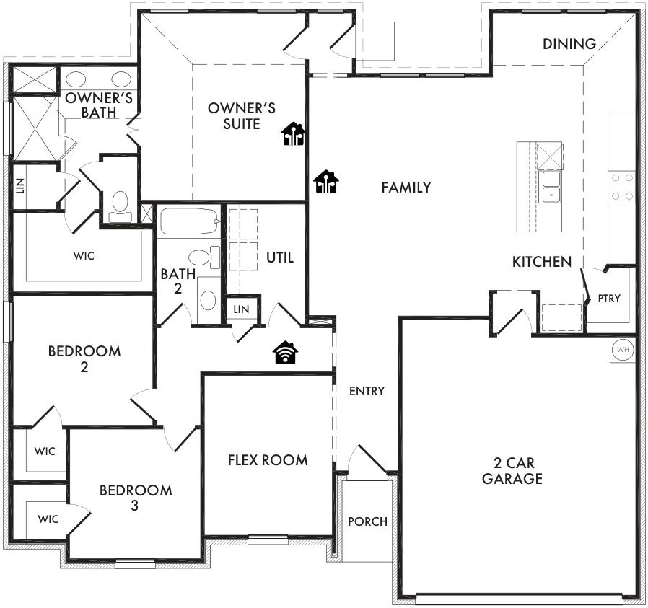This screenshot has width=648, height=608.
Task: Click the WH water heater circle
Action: coord(622,350)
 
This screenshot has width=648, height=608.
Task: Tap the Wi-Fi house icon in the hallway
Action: coord(285,353)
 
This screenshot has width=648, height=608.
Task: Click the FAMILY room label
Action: coord(406,188)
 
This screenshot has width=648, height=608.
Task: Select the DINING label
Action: coord(569,44)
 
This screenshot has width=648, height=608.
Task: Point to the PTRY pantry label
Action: coord(609,298)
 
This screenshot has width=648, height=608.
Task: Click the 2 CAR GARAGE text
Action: coord(512,470)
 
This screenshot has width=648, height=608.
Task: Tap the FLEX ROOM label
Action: coord(268,460)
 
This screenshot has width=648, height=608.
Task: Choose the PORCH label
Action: coord(367,521)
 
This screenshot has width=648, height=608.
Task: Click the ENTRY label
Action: coord(367,391)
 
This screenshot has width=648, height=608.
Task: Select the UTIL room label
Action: coord(280,257)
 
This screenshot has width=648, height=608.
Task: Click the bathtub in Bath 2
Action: coord(189,221)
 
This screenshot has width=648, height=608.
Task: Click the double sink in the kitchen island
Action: coord(551,188)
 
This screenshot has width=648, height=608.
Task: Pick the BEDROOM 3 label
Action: coord(136,498)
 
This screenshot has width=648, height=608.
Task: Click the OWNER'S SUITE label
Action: coord(241,116)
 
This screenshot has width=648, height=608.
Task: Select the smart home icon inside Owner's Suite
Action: coord(293,134)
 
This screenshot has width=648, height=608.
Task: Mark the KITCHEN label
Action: coord(542,262)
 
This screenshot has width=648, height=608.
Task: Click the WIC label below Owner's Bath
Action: coord(84,256)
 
